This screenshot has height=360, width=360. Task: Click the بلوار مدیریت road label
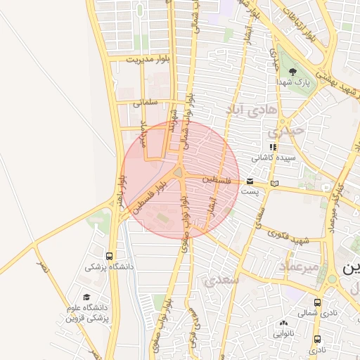(149, 60)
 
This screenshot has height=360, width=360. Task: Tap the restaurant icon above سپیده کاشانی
(274, 148)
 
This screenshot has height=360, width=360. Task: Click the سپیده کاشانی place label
(273, 158)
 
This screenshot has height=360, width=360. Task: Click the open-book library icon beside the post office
(274, 184)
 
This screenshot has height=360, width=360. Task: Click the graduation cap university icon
(87, 297)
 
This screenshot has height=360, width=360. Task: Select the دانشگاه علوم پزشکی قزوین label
(86, 313)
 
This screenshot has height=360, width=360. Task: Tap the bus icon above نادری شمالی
(318, 302)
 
